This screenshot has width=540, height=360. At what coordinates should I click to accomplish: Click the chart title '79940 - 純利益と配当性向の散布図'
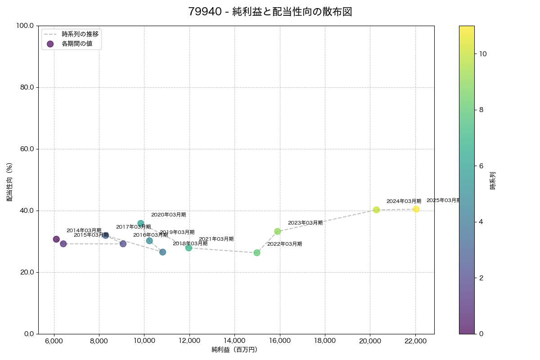[270, 12]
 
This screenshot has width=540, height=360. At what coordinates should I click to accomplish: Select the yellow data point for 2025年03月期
[416, 209]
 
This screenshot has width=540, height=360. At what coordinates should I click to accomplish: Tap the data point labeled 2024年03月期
[376, 210]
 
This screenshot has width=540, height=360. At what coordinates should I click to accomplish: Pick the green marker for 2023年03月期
[278, 231]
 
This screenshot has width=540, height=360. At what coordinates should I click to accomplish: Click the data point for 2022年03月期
[257, 252]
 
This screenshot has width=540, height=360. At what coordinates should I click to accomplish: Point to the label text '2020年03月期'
[168, 215]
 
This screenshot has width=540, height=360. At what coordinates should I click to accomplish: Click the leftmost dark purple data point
[56, 239]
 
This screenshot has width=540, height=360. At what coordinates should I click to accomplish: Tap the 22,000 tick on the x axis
[415, 341]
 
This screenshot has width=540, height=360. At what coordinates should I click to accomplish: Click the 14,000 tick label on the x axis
[234, 341]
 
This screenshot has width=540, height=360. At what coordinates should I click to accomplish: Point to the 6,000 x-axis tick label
[54, 341]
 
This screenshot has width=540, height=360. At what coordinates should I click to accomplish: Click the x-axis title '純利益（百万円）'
[234, 350]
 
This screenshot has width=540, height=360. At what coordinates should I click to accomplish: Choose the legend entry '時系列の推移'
[80, 34]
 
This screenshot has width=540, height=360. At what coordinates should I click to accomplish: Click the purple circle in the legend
[50, 44]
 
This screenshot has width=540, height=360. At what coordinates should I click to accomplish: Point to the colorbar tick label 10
[483, 54]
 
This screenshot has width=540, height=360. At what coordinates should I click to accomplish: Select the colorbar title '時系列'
[493, 180]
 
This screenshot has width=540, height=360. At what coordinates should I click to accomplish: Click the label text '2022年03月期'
[284, 244]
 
